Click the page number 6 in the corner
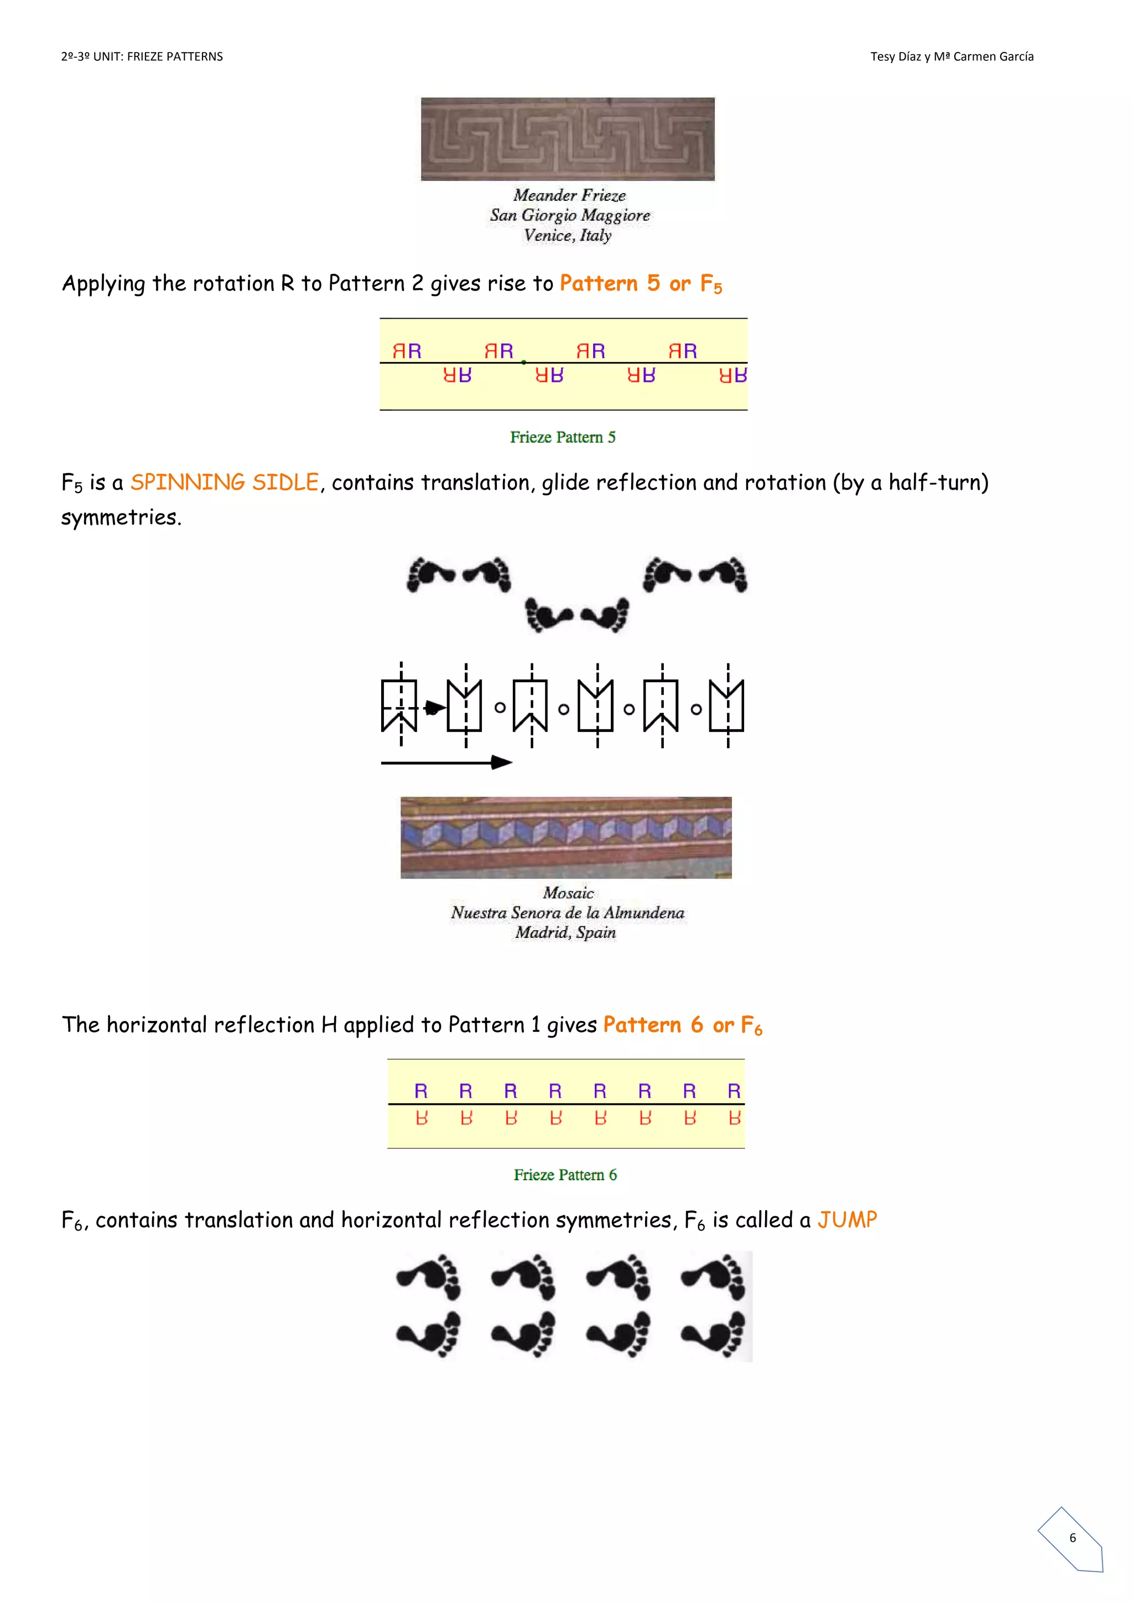coord(1072,1537)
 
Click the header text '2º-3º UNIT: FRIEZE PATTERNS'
coord(142,56)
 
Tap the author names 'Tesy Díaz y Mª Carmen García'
coord(952,56)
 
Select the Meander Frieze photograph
coord(568,139)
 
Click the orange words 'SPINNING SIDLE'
coord(225,483)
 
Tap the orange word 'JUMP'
coord(847,1220)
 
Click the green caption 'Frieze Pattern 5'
coord(563,437)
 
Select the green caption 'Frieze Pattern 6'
coord(565,1175)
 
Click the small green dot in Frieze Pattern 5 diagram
coord(523,362)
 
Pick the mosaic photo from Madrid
coord(566,837)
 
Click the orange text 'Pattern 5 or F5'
coord(641,283)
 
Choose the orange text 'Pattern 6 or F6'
coord(682,1025)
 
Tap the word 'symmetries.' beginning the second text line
coord(121,517)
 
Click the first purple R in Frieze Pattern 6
coord(421,1091)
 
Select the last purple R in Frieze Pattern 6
coord(734,1091)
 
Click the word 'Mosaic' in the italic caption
coord(568,893)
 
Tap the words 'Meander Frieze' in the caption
coord(570,195)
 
